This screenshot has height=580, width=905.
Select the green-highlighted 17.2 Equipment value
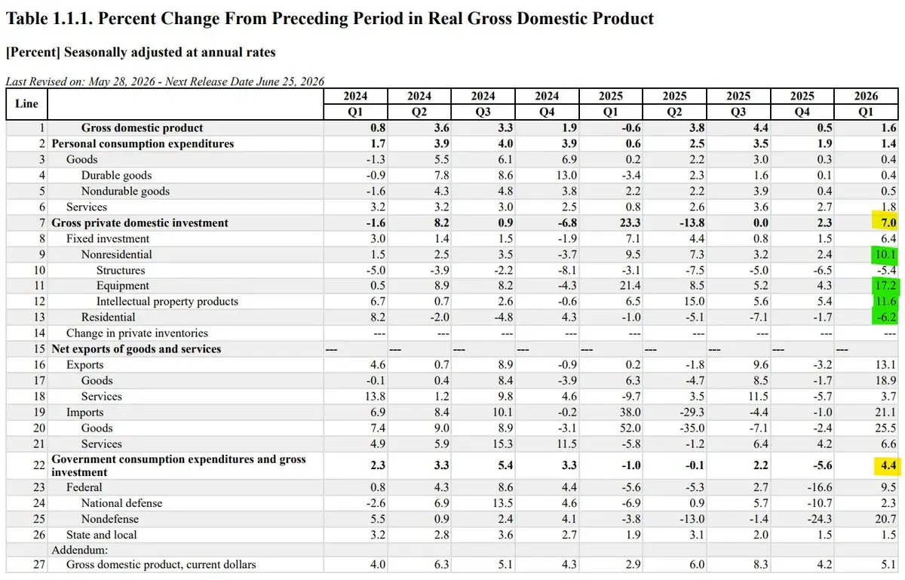(885, 285)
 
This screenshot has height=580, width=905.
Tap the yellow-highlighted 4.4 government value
(888, 465)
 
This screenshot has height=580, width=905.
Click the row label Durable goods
(116, 175)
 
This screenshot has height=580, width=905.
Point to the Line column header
(26, 103)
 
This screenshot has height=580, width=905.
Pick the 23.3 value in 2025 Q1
(630, 222)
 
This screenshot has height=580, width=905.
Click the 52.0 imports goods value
(630, 428)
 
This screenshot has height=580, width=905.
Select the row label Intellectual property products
(167, 302)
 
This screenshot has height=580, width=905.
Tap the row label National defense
(121, 503)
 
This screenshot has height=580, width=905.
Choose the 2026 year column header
(866, 97)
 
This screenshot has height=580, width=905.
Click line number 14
(39, 333)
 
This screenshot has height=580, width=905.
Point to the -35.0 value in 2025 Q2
(692, 428)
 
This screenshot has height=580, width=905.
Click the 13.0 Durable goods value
(566, 175)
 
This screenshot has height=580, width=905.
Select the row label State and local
(101, 535)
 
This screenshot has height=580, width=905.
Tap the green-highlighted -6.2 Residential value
(885, 317)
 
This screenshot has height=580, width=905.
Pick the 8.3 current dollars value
(761, 564)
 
